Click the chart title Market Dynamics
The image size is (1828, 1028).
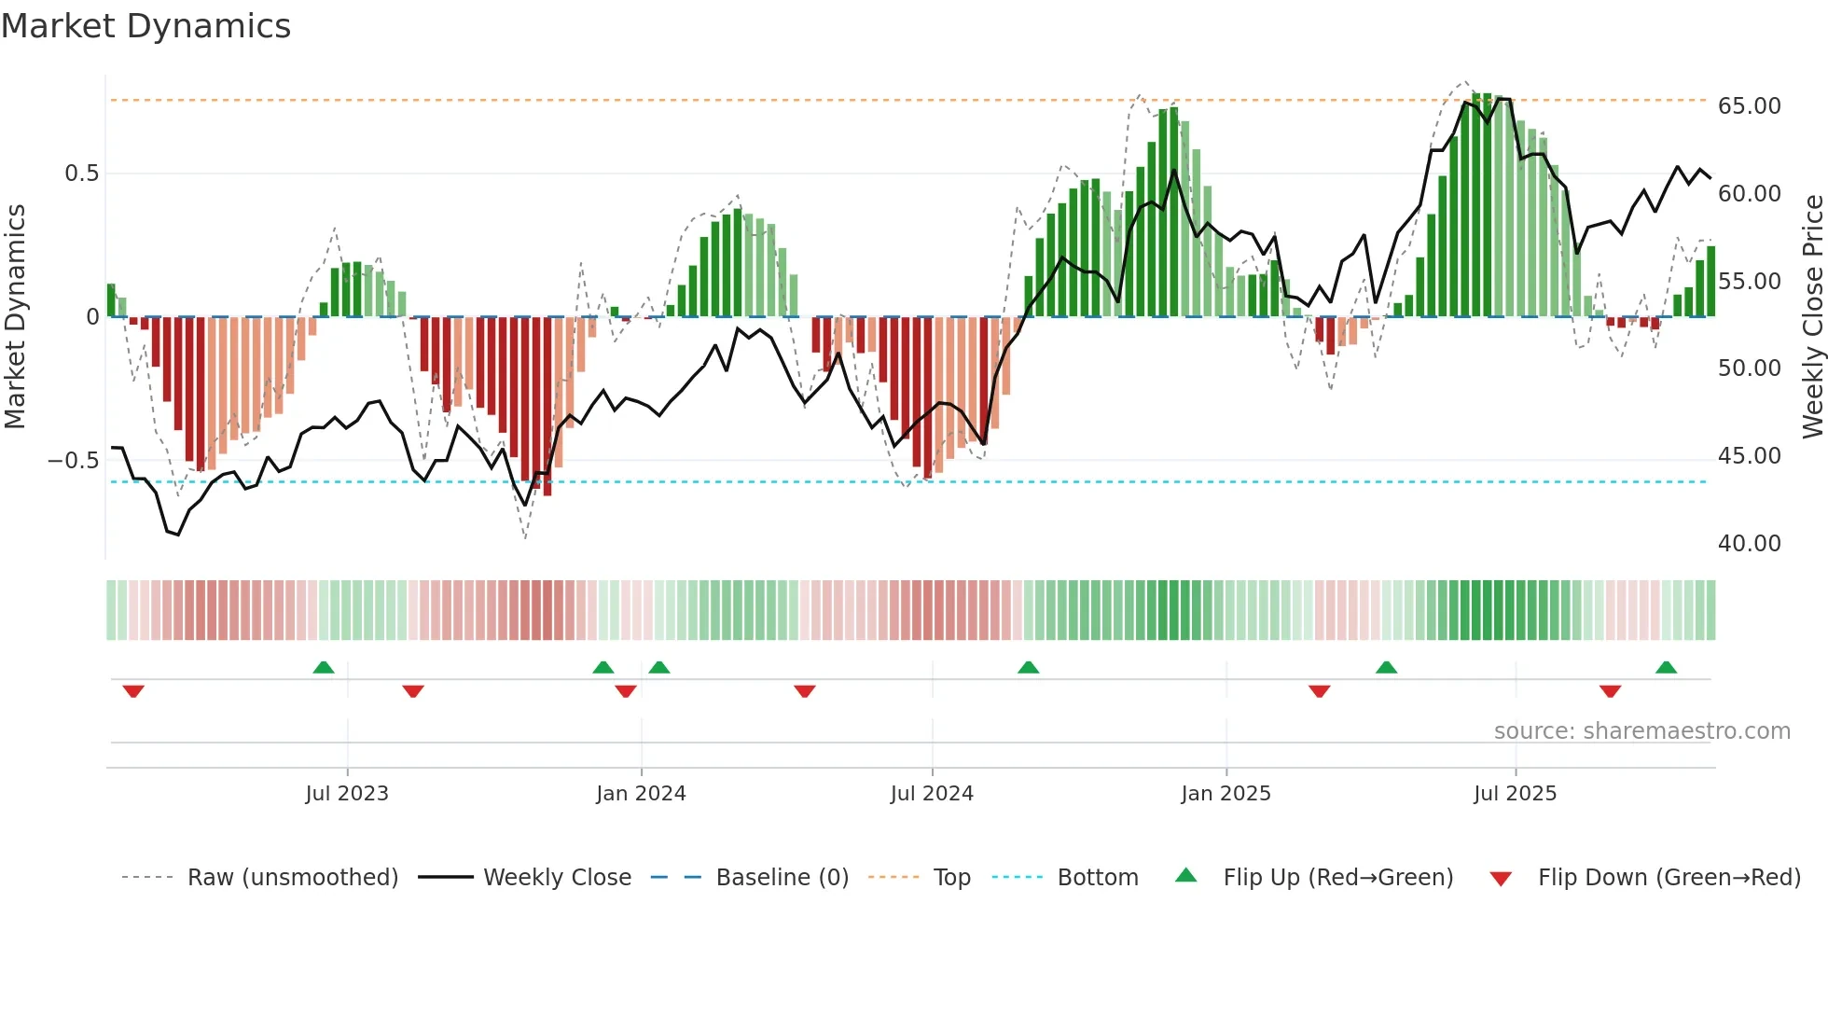click(145, 26)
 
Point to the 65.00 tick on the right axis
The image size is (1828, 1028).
click(1749, 106)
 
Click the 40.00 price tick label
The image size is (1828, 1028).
click(1749, 544)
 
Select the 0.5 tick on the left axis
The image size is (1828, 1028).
click(81, 174)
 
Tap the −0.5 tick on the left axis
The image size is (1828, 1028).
click(74, 461)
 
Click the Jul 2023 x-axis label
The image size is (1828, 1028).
click(347, 794)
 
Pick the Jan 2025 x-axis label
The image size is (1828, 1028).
click(1226, 794)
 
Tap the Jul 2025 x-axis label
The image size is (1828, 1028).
click(1515, 794)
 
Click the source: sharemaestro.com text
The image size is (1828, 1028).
click(1641, 731)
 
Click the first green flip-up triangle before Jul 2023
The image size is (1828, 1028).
click(324, 668)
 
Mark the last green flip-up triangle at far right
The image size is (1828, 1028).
click(1666, 668)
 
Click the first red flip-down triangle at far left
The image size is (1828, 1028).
click(133, 691)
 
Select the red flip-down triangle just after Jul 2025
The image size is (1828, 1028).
click(1610, 691)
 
